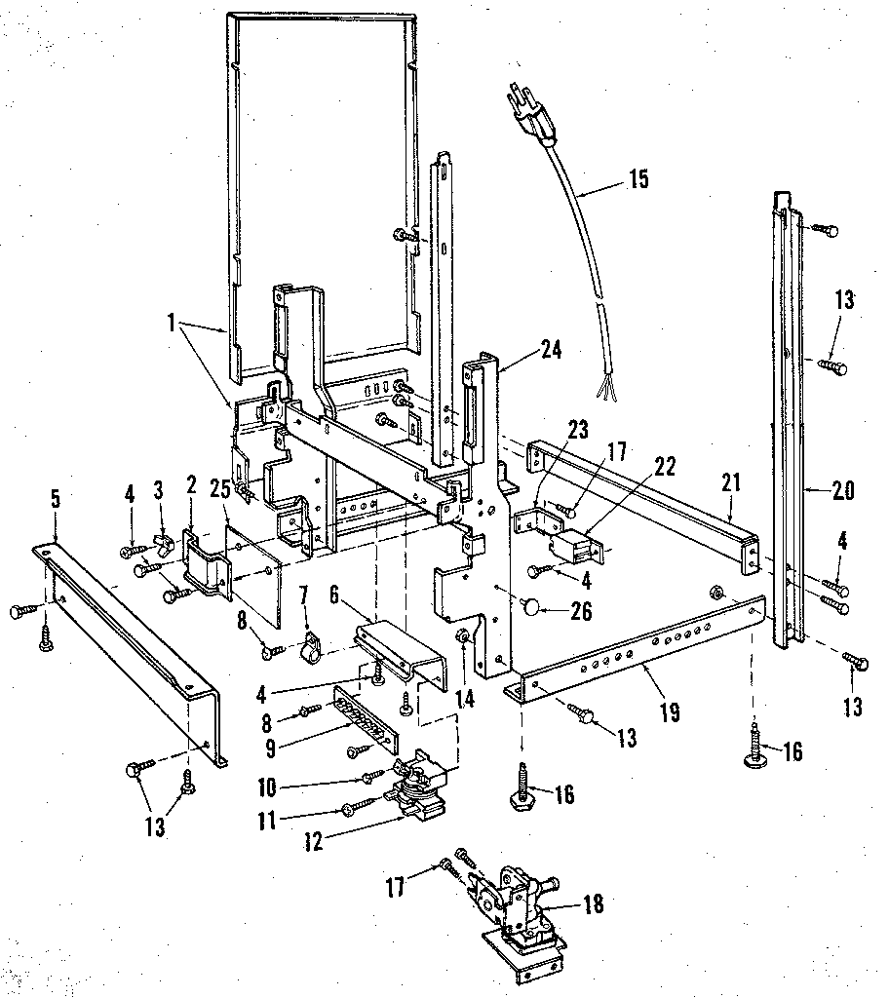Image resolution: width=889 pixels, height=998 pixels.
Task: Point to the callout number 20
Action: (x=843, y=490)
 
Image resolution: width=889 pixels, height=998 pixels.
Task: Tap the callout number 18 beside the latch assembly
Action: (x=593, y=904)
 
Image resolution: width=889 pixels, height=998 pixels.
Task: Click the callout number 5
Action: (x=55, y=499)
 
